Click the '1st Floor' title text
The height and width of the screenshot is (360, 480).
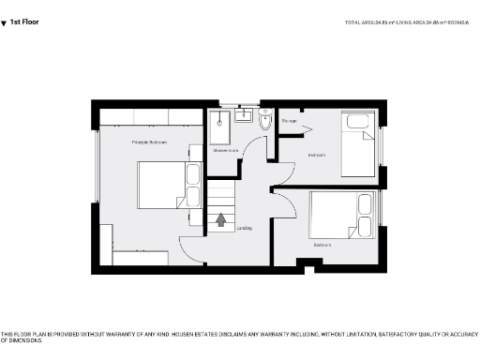coord(25,21)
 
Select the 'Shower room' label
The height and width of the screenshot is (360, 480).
coord(225,149)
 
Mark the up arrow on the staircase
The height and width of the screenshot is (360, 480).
coord(221,220)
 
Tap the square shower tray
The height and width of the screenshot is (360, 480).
coord(219,122)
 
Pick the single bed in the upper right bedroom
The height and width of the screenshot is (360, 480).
coord(357,145)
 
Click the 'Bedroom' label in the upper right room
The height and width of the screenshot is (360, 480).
coord(316,156)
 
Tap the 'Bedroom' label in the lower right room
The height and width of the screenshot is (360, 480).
coord(322,247)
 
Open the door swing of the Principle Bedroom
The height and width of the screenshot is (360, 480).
coord(191,248)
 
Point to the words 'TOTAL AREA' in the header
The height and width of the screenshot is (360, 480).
coord(360,21)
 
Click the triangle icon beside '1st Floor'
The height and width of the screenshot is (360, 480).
coord(4,22)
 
